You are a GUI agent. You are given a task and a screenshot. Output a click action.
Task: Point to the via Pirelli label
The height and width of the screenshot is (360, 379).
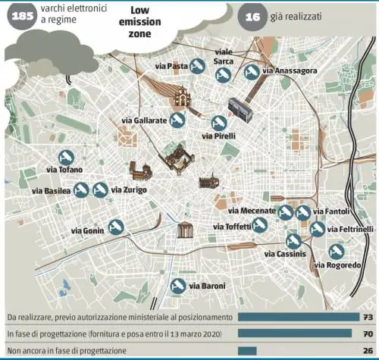(x=221, y=136)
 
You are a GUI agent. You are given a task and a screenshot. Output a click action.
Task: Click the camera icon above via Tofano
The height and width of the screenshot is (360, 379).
(x=64, y=155)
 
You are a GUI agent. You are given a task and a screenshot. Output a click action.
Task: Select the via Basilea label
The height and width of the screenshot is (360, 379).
(x=52, y=191)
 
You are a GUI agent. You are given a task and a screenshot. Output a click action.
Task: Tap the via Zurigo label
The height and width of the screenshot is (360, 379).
(x=129, y=189)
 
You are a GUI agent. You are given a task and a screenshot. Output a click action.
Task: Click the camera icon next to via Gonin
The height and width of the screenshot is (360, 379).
(x=116, y=227)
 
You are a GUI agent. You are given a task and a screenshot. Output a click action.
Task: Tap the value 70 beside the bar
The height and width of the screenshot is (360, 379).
(x=365, y=333)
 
